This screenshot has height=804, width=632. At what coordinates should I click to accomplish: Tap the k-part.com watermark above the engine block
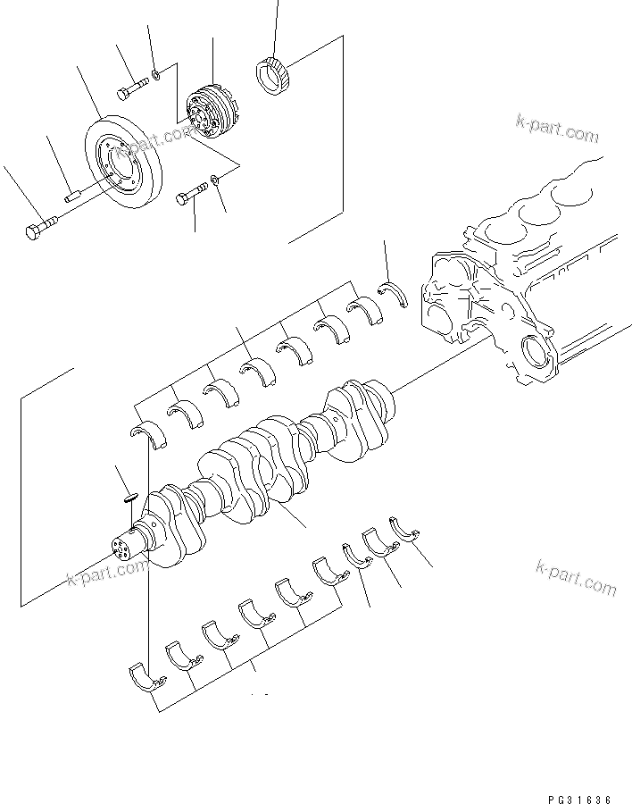coord(556,130)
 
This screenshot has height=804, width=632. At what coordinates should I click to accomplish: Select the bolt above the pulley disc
coord(133,88)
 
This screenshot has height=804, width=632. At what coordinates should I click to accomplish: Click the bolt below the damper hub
coord(193,194)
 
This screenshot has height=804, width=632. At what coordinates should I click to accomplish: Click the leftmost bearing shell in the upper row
coord(144,433)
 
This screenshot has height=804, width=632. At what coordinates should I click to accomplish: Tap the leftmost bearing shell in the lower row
coord(146,676)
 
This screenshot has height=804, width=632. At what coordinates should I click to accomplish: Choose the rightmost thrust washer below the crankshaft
coord(405,528)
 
